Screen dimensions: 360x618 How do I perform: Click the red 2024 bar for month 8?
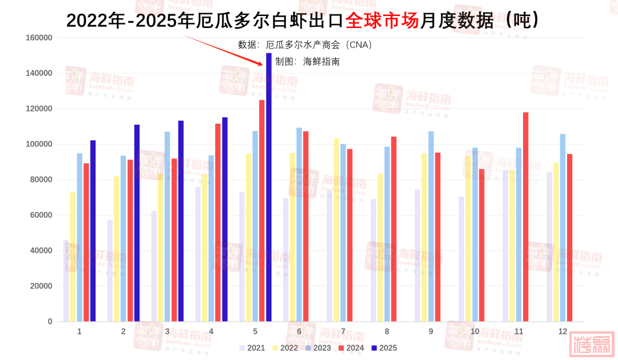394,229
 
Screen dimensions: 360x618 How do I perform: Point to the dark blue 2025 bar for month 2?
137,223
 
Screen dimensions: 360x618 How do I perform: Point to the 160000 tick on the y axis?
39,38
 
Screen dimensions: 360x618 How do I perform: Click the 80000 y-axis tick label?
41,180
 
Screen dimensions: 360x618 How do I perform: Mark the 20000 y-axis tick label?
41,286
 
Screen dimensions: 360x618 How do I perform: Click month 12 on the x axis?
563,331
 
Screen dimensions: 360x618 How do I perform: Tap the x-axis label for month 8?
387,331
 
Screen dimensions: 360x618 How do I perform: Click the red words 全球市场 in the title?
382,21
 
